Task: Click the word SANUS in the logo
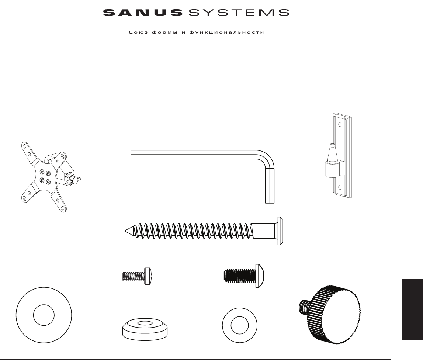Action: pyautogui.click(x=142, y=13)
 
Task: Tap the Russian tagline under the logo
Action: pyautogui.click(x=197, y=32)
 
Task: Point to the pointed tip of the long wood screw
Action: pyautogui.click(x=126, y=231)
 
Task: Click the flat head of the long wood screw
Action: pyautogui.click(x=280, y=231)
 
